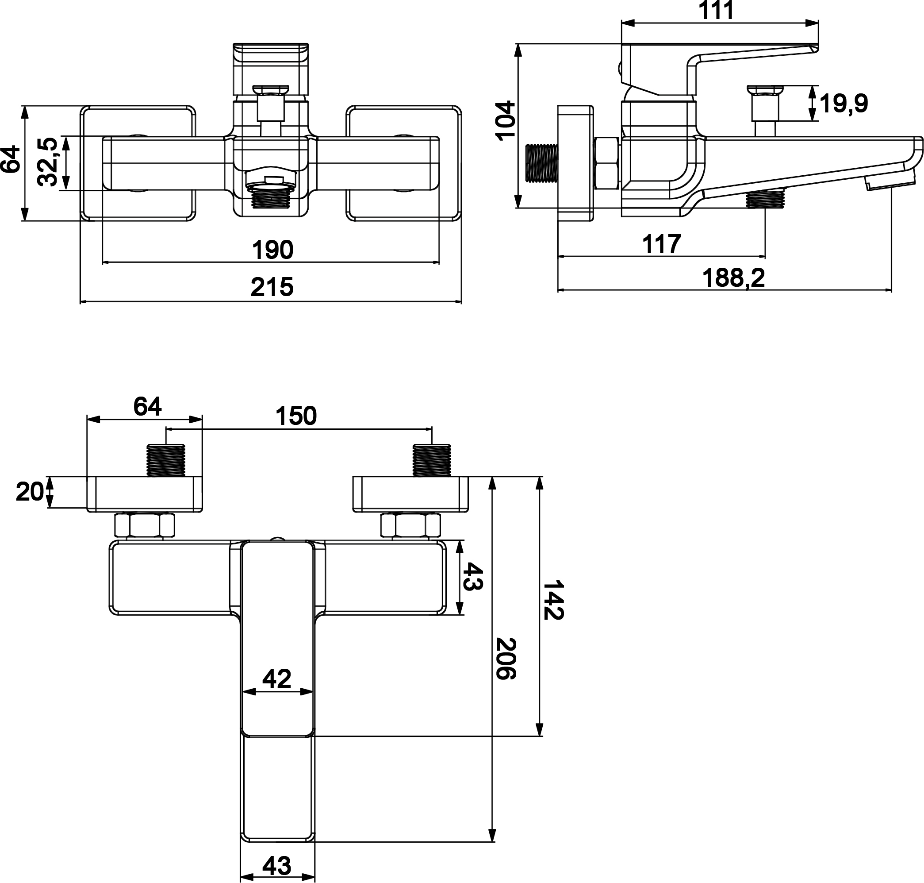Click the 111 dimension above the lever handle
pos(716,10)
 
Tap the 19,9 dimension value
pos(843,104)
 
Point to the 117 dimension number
pos(661,244)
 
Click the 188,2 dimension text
pos(733,278)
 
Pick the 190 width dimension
pos(273,250)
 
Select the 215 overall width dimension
pos(272,287)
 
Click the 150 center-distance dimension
pos(296,416)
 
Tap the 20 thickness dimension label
pos(30,492)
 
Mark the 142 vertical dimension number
pos(553,600)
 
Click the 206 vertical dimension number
pos(506,659)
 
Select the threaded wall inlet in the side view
pos(541,162)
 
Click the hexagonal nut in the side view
pos(606,163)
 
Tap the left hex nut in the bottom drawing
pos(145,525)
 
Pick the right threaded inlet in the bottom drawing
pos(431,460)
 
